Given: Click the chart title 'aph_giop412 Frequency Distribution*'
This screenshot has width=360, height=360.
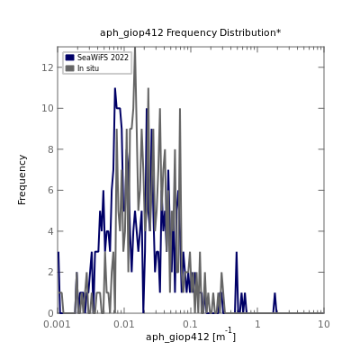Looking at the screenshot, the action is pyautogui.click(x=191, y=32).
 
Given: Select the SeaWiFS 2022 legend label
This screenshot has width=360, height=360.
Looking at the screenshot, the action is pyautogui.click(x=103, y=58).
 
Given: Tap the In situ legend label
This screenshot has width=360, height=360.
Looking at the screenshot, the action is pyautogui.click(x=88, y=68).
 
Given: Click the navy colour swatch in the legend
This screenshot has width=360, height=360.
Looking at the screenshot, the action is pyautogui.click(x=69, y=58).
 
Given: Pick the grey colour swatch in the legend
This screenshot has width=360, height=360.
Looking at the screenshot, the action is pyautogui.click(x=69, y=68).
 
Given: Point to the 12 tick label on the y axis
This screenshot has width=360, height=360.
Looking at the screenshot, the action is pyautogui.click(x=48, y=67).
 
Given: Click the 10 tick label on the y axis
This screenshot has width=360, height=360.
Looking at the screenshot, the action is pyautogui.click(x=48, y=108).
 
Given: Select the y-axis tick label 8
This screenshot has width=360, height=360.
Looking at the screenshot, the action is pyautogui.click(x=50, y=149).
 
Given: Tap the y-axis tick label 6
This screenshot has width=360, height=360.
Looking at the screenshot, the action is pyautogui.click(x=50, y=190).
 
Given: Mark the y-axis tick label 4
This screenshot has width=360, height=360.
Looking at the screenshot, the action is pyautogui.click(x=50, y=231).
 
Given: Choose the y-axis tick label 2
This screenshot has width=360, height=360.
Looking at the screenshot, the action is pyautogui.click(x=50, y=272).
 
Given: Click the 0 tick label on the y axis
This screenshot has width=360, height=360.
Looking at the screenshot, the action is pyautogui.click(x=50, y=313).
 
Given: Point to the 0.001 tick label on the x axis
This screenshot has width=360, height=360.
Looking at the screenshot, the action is pyautogui.click(x=58, y=324).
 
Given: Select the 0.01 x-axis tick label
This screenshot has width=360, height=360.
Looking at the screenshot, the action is pyautogui.click(x=124, y=324).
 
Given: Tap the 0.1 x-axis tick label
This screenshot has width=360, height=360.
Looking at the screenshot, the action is pyautogui.click(x=191, y=324).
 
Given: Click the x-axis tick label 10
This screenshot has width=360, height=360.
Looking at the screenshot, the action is pyautogui.click(x=324, y=324).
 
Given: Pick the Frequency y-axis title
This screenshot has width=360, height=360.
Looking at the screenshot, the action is pyautogui.click(x=22, y=180).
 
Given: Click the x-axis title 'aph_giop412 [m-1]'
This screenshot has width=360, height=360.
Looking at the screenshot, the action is pyautogui.click(x=191, y=336).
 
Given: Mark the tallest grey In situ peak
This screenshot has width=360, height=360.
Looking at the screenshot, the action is pyautogui.click(x=135, y=48).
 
